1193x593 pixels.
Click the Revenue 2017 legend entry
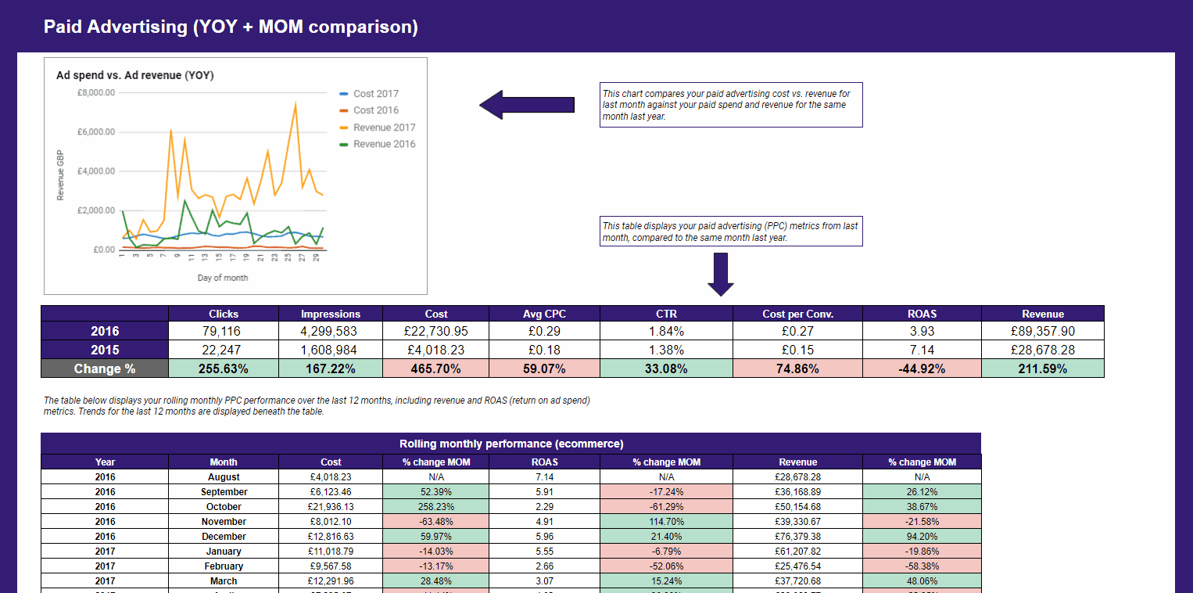click(x=384, y=128)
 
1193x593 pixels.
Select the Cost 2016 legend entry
click(x=375, y=110)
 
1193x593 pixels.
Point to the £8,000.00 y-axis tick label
click(x=96, y=92)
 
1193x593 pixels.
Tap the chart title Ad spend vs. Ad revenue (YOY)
click(x=135, y=76)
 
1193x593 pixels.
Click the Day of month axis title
click(x=223, y=278)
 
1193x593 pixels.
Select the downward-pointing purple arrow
click(x=721, y=274)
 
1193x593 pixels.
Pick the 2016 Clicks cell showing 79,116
click(x=224, y=331)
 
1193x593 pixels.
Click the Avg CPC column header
click(x=544, y=314)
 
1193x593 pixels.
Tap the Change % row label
click(x=105, y=368)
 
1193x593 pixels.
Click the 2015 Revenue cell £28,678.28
click(x=1042, y=350)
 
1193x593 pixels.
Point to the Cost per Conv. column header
click(x=797, y=314)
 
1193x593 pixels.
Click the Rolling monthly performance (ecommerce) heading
click(x=511, y=444)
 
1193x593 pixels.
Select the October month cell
click(x=224, y=507)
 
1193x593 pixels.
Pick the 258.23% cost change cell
click(x=436, y=507)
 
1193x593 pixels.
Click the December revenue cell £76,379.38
click(x=797, y=537)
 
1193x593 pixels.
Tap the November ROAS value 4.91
click(x=544, y=522)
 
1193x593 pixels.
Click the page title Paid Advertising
click(x=231, y=27)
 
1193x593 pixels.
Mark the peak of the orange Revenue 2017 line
click(x=296, y=102)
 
